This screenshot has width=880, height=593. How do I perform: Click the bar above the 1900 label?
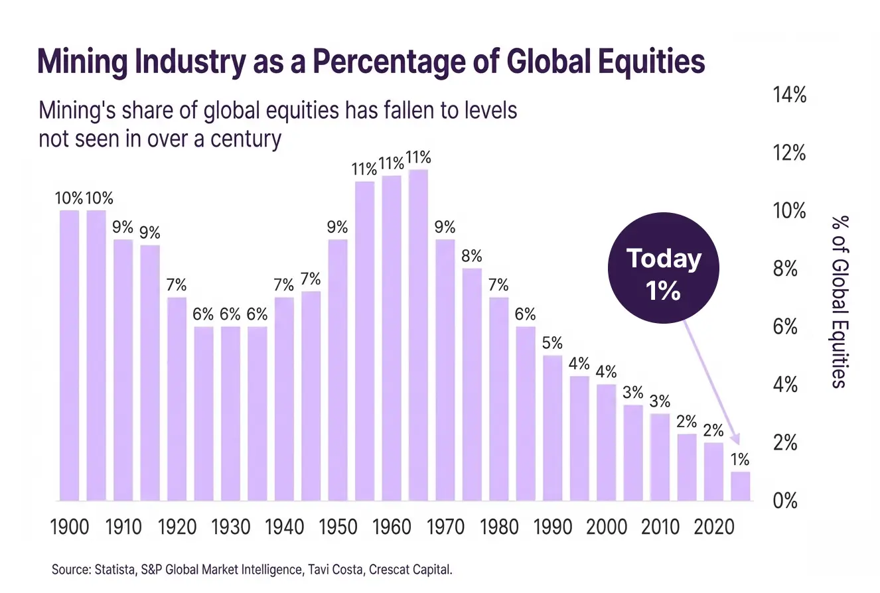(x=69, y=355)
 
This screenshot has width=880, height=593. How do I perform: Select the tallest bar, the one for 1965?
(x=418, y=335)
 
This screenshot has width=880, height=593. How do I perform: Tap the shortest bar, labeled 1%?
(x=740, y=486)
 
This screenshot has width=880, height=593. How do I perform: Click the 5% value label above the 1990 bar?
(x=551, y=343)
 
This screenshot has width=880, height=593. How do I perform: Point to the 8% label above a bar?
(x=471, y=255)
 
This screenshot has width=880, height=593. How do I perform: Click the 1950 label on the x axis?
(x=338, y=528)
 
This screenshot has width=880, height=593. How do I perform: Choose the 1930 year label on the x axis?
(x=231, y=528)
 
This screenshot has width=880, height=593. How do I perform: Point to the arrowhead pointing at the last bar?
(x=734, y=440)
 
